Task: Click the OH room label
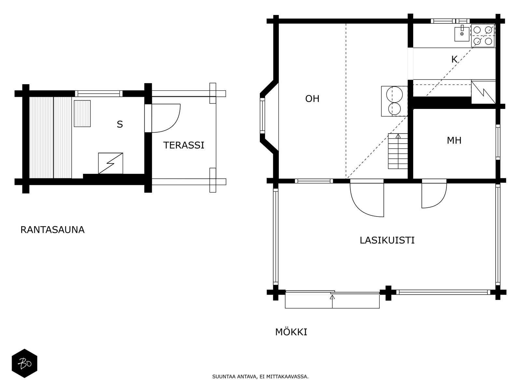point(312,99)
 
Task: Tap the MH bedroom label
point(454,141)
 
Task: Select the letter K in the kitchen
point(454,60)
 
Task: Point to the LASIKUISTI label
point(387,240)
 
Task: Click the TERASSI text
point(184,145)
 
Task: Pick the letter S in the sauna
point(120,124)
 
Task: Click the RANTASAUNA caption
point(52,230)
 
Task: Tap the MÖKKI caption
point(291,332)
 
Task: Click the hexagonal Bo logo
point(24,363)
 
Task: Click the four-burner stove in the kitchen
point(483,36)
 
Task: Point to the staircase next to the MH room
point(398,151)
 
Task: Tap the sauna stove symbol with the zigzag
point(111,163)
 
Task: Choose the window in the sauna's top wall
point(99,94)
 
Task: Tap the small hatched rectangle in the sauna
point(82,114)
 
